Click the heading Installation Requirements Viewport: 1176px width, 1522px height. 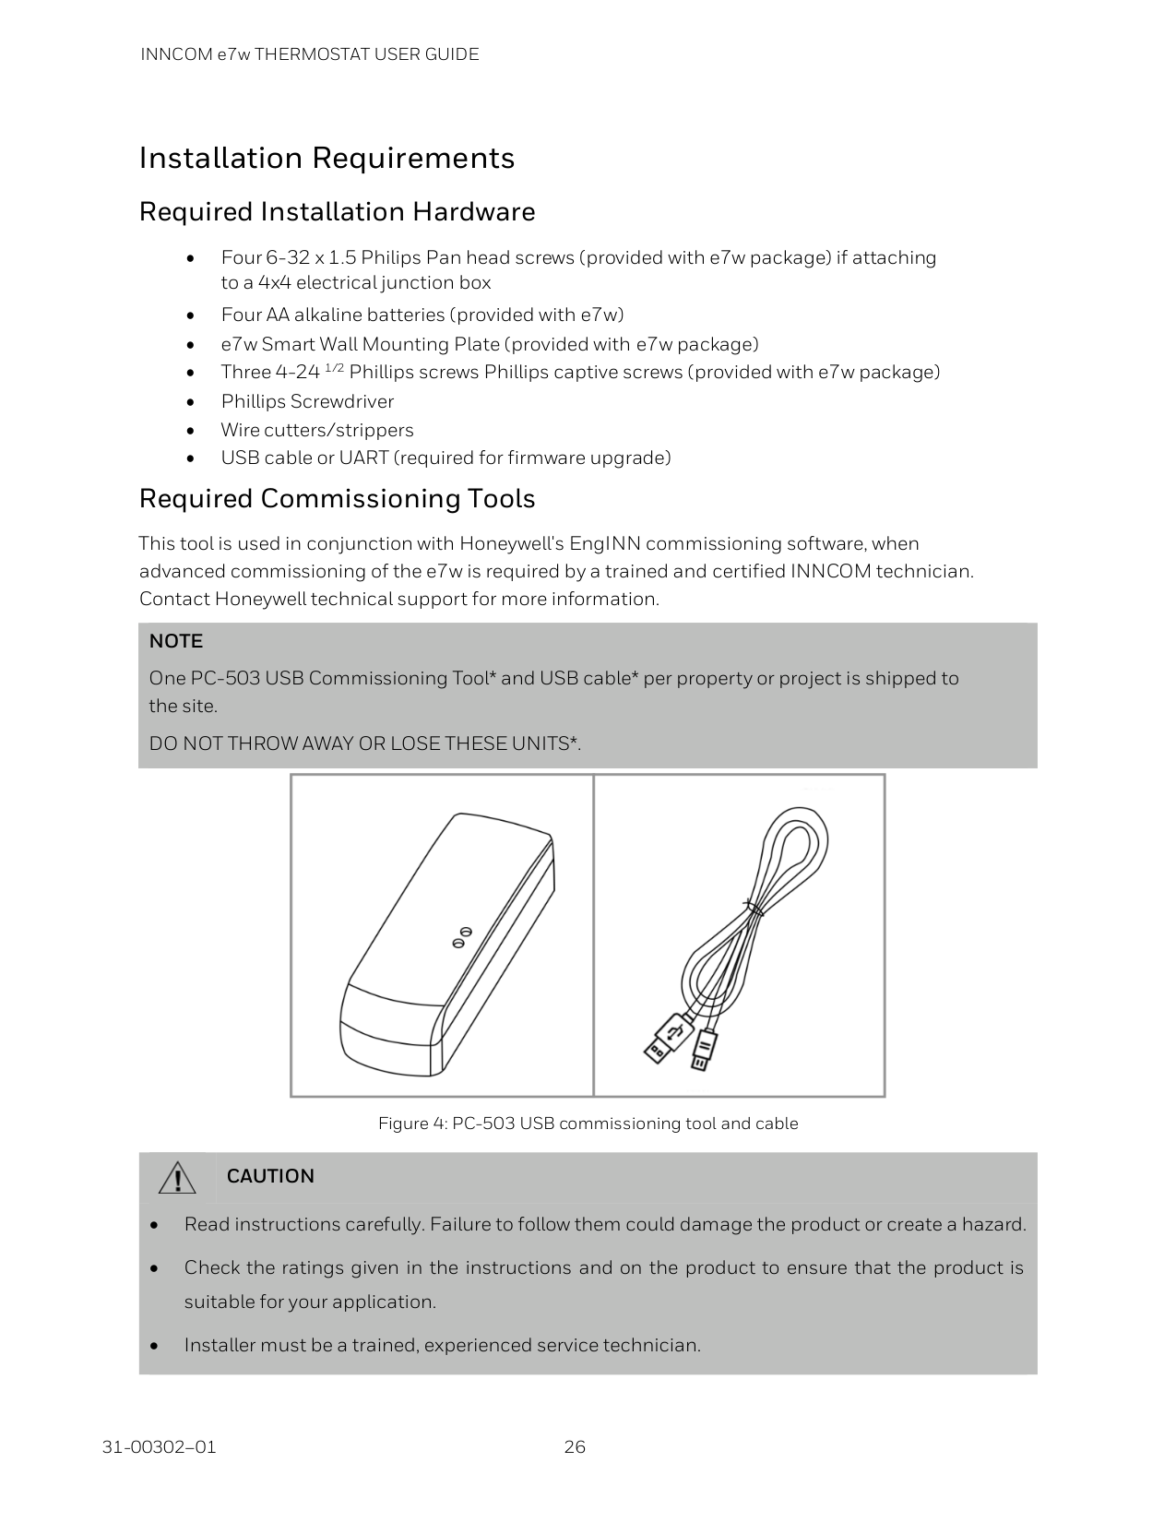click(x=327, y=159)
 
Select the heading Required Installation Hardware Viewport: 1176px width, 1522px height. click(x=337, y=212)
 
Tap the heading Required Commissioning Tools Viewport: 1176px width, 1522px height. click(x=337, y=499)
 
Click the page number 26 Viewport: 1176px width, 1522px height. click(x=575, y=1446)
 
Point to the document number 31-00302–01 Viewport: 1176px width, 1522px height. click(x=159, y=1446)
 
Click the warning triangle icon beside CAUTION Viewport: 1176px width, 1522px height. click(x=176, y=1178)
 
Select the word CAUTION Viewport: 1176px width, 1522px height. click(x=270, y=1176)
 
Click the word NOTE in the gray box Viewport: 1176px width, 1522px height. click(x=175, y=641)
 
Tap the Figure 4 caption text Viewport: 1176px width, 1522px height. click(x=588, y=1124)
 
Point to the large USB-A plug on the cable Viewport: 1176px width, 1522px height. click(x=663, y=1038)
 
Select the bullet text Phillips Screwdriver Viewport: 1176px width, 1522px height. click(x=307, y=401)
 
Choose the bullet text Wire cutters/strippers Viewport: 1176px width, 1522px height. click(x=316, y=430)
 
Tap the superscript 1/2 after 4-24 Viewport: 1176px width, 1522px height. click(x=335, y=369)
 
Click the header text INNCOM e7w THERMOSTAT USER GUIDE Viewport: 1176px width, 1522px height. click(x=309, y=54)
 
